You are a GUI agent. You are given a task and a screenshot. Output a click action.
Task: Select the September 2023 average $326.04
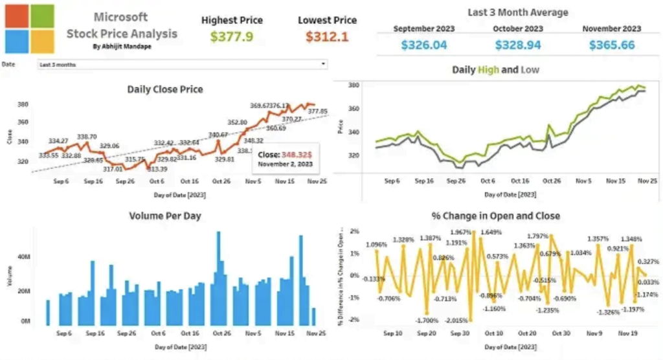tap(423, 45)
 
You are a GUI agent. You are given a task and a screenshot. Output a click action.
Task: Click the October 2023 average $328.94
tap(517, 45)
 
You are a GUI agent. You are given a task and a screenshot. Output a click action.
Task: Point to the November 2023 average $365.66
tap(611, 45)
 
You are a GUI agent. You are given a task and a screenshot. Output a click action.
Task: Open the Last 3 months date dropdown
tap(183, 65)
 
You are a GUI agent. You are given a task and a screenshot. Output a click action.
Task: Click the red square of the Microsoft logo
tap(16, 16)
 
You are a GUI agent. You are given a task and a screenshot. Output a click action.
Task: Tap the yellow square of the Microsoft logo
tap(43, 41)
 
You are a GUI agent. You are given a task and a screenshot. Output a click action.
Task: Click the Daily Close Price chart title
tap(165, 89)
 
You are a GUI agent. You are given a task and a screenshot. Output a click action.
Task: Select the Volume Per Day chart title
tap(164, 216)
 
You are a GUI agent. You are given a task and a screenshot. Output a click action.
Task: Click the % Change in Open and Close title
tap(495, 216)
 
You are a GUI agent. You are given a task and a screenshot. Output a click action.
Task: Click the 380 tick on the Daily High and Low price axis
tap(353, 85)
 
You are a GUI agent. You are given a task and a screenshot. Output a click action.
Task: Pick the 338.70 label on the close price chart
tap(87, 137)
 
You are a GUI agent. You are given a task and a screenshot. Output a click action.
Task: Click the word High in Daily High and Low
tap(488, 69)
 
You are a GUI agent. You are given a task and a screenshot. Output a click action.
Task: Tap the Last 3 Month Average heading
tap(517, 12)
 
